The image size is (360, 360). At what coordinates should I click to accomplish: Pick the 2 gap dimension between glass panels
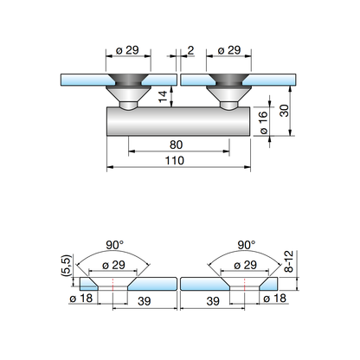tap(190, 50)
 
